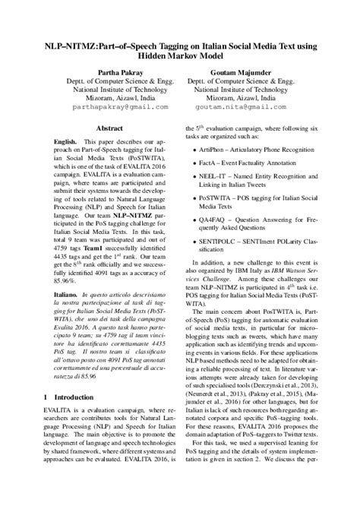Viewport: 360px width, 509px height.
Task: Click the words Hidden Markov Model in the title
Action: [180, 55]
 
